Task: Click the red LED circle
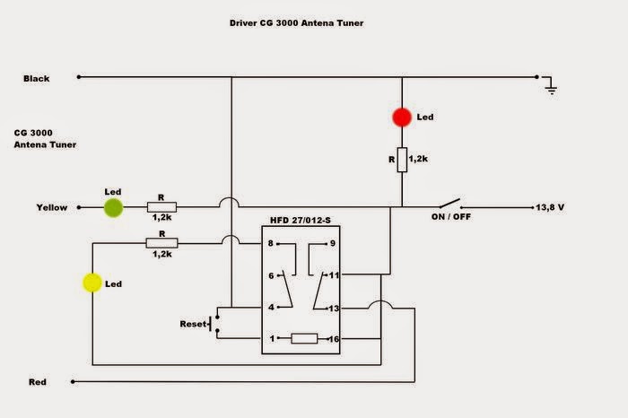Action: pyautogui.click(x=402, y=117)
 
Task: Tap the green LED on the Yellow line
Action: pyautogui.click(x=113, y=208)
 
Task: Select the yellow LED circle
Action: pyautogui.click(x=92, y=283)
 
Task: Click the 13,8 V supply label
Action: pyautogui.click(x=552, y=207)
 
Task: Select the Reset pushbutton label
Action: pyautogui.click(x=194, y=322)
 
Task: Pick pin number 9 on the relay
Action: pyautogui.click(x=333, y=243)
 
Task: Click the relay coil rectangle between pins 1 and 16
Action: pyautogui.click(x=304, y=338)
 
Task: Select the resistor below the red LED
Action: pyautogui.click(x=402, y=159)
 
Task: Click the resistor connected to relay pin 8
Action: pyautogui.click(x=162, y=242)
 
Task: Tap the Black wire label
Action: pyautogui.click(x=37, y=78)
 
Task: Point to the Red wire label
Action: pyautogui.click(x=37, y=382)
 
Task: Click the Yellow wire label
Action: pyautogui.click(x=51, y=207)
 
